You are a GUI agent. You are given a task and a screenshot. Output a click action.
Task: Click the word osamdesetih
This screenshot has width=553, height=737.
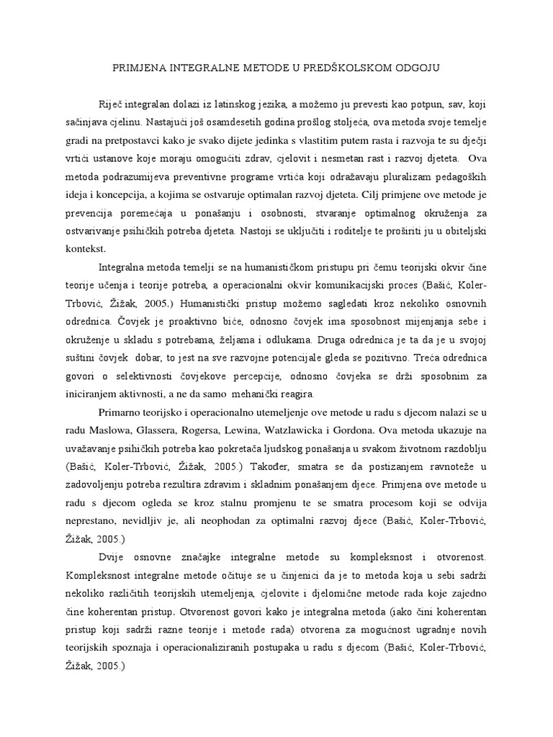click(201, 119)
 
